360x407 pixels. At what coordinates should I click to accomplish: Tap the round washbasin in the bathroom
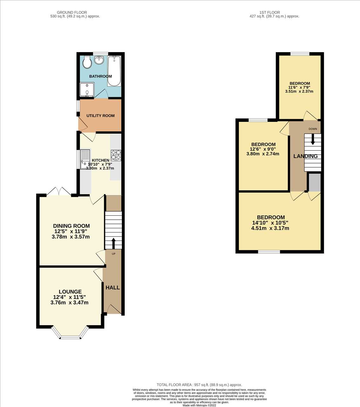[x=99, y=60]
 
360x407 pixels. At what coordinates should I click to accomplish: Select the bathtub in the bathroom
[x=114, y=71]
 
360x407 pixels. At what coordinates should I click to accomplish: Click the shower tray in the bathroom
[x=87, y=90]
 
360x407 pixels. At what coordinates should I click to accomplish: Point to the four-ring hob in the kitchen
[x=116, y=155]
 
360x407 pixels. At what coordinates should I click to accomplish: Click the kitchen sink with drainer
[x=85, y=159]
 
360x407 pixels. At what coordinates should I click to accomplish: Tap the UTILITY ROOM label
[x=100, y=116]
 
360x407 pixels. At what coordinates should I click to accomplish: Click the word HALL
[x=112, y=287]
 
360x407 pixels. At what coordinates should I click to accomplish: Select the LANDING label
[x=305, y=156]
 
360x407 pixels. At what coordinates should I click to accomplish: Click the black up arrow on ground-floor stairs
[x=113, y=244]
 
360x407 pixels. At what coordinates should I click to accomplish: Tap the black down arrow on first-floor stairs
[x=313, y=139]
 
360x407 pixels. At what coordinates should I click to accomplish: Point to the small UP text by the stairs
[x=113, y=254]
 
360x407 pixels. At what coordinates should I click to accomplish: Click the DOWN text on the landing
[x=313, y=129]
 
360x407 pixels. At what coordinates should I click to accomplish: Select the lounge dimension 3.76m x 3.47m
[x=69, y=302]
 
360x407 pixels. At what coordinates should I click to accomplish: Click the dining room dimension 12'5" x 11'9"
[x=71, y=231]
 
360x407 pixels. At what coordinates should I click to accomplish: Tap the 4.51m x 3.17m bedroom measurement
[x=270, y=228]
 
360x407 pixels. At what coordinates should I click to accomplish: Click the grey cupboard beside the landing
[x=315, y=183]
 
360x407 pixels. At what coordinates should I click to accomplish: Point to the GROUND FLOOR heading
[x=72, y=12]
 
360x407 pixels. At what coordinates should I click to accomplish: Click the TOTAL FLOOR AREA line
[x=199, y=385]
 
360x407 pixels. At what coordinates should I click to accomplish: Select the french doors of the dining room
[x=59, y=191]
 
